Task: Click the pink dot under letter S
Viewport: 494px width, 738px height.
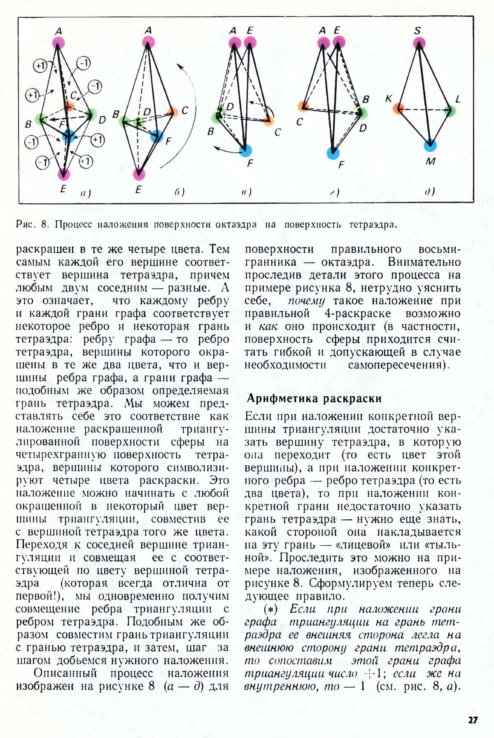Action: tap(419, 43)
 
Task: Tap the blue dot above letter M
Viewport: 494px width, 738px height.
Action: tap(430, 145)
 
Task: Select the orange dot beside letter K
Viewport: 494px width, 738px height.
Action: tap(398, 109)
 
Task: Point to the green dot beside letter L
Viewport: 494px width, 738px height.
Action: tap(451, 110)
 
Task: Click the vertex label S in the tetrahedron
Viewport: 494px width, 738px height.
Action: tap(418, 30)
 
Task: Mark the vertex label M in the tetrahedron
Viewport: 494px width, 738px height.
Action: tap(431, 161)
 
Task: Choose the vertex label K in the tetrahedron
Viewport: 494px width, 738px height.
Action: tap(389, 99)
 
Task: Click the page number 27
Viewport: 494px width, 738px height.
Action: tap(473, 719)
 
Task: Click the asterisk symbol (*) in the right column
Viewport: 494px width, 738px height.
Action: tap(270, 609)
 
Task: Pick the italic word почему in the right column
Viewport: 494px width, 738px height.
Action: tap(306, 301)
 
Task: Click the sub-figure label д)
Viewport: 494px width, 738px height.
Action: tap(430, 192)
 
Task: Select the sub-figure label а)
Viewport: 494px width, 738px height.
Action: tap(86, 193)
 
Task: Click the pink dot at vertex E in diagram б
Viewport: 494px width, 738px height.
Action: tap(139, 174)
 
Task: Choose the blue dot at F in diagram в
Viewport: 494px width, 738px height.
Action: tap(245, 150)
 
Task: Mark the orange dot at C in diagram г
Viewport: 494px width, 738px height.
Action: tap(303, 107)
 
